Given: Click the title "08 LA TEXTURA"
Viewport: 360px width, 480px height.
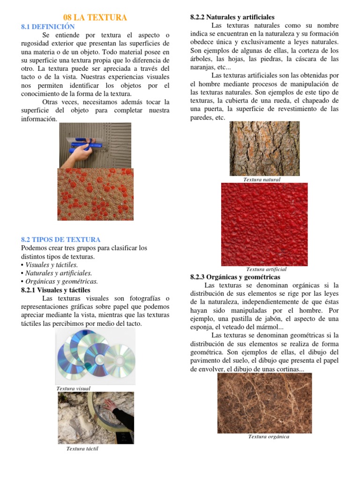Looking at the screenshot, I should point(95,18).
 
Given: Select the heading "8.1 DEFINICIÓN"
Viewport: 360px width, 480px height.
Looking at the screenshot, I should point(48,27).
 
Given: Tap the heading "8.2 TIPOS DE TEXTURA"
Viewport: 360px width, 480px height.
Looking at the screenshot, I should point(61,240).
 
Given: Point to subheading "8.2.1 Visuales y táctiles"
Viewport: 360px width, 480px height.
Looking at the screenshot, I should point(56,290).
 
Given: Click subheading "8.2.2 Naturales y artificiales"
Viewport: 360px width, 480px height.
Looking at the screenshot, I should point(232,17).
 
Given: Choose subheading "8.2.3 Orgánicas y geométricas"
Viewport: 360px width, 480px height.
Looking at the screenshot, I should point(235,277).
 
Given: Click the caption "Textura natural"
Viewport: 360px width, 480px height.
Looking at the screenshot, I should point(262,180).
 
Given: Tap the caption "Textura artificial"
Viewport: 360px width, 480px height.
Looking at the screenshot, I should point(266,270).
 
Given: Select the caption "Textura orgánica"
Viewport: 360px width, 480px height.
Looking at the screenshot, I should point(269,436).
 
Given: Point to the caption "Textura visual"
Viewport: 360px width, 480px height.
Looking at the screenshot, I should point(73,389).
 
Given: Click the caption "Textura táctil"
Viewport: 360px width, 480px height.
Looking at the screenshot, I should point(82,449).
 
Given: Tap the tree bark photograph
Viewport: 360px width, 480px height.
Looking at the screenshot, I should point(264,149).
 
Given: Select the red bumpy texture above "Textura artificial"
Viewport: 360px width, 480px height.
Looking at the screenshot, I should point(264,224).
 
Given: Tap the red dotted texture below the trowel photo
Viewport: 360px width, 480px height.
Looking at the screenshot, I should point(95,194).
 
